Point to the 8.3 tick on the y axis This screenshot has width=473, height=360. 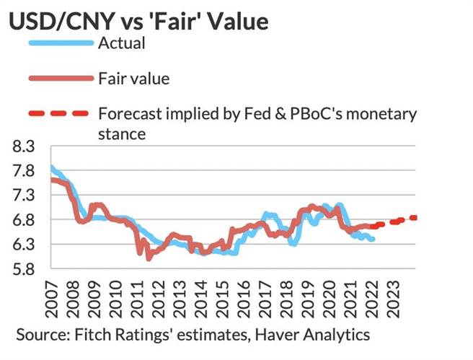tap(25, 148)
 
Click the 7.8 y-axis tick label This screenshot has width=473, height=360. tap(25, 172)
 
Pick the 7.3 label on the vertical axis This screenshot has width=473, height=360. tap(25, 196)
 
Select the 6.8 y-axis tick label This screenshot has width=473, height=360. tap(25, 220)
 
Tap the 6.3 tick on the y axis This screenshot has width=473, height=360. tap(25, 245)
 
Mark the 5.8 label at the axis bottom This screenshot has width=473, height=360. tap(25, 269)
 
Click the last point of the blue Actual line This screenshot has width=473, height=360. tap(372, 239)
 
